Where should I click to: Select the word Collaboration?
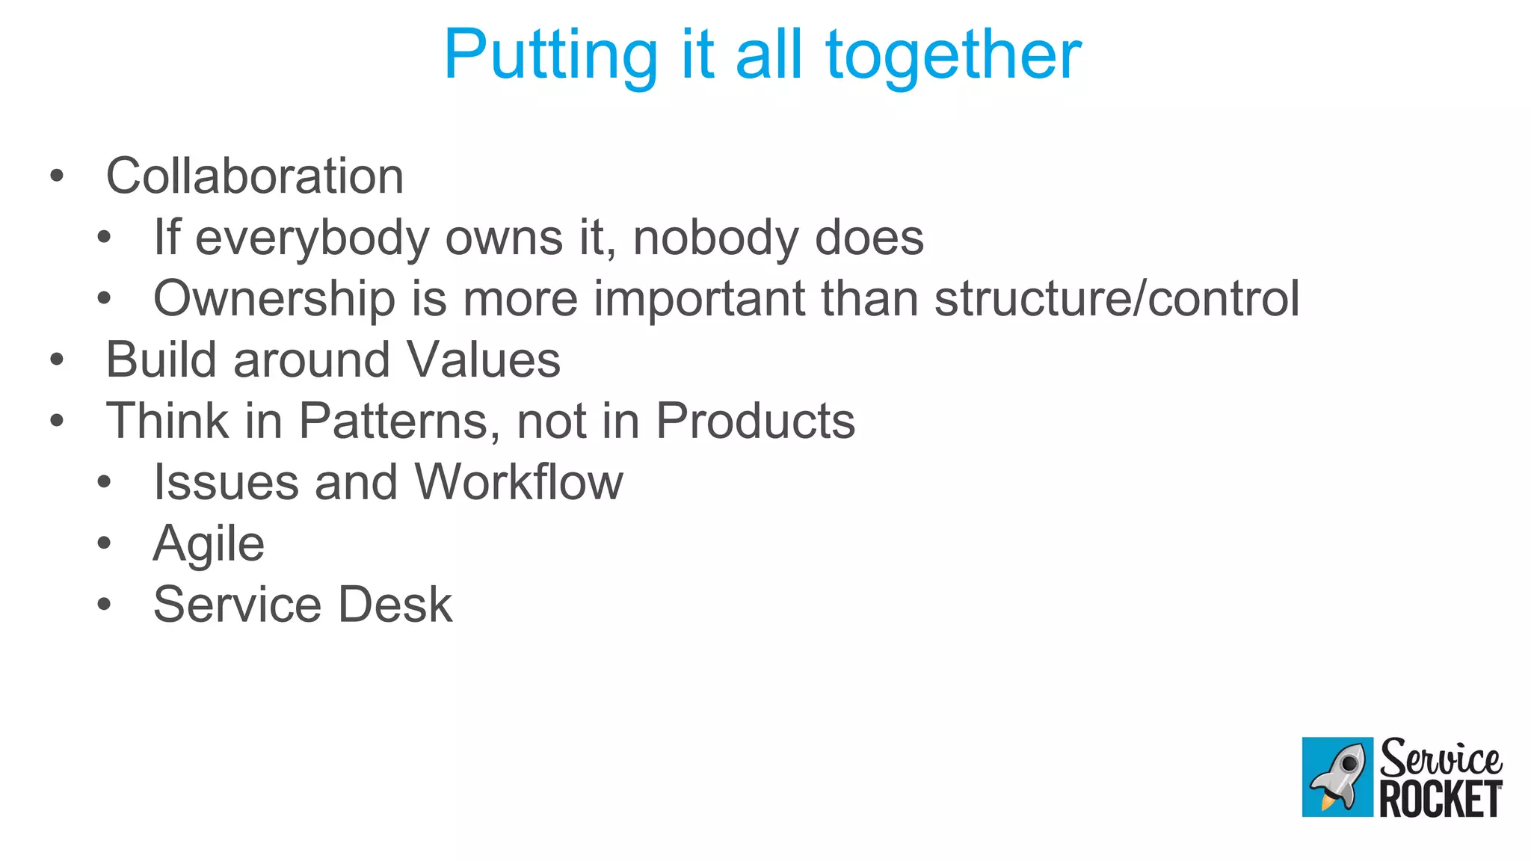255,176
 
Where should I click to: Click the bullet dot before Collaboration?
57,177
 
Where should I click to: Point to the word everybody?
312,238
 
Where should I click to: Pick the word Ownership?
274,299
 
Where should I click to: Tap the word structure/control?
1117,299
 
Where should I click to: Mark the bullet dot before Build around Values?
57,360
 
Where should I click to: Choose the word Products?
755,421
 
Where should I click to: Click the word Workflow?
518,482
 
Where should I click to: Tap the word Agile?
209,543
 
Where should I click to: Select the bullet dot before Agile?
104,543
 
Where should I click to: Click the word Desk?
395,605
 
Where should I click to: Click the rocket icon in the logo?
1337,777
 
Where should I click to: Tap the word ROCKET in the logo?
1441,799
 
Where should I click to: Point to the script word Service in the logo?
1441,758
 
